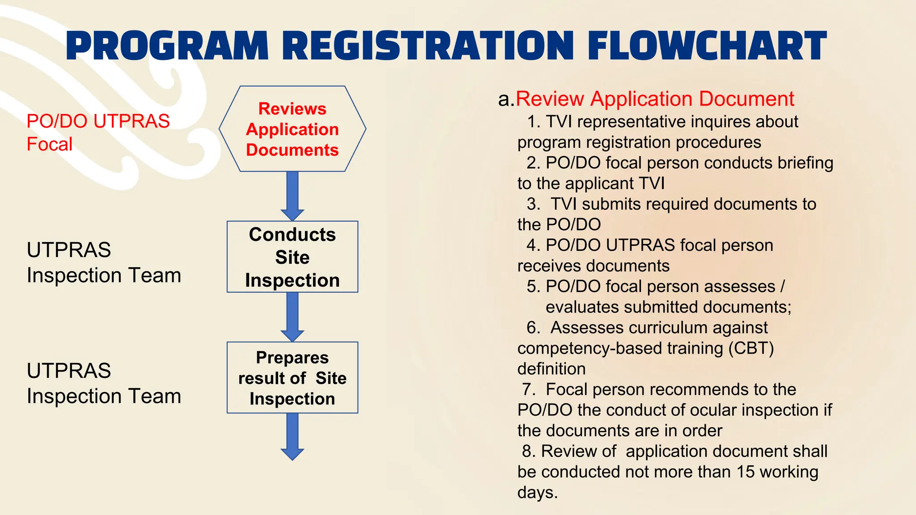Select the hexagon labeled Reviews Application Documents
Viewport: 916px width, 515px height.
point(293,129)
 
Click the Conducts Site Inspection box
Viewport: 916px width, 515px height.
point(293,257)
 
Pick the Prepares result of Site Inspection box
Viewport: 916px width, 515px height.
point(293,378)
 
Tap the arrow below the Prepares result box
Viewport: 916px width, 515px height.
point(293,436)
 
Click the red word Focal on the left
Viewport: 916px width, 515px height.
point(49,144)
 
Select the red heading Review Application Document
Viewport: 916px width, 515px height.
point(655,99)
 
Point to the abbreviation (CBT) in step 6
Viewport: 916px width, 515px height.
point(751,348)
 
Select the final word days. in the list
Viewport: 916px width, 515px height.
point(538,493)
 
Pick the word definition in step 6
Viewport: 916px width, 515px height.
point(551,369)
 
